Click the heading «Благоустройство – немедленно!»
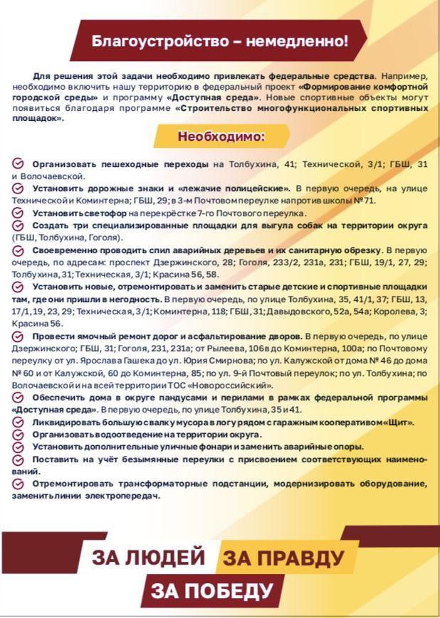[220, 41]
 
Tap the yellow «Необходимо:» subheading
[221, 136]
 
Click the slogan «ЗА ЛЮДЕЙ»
[148, 557]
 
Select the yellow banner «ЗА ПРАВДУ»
[283, 558]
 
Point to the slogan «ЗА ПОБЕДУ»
[212, 590]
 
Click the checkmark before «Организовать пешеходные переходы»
[19, 164]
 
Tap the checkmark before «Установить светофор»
[19, 213]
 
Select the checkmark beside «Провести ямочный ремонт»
[19, 334]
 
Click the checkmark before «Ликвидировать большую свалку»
[19, 422]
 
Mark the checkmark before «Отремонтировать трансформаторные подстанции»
[19, 483]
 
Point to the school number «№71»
[365, 201]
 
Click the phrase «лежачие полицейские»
[234, 188]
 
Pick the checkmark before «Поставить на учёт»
[19, 459]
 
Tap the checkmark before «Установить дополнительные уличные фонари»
[19, 446]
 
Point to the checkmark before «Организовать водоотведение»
[19, 434]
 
